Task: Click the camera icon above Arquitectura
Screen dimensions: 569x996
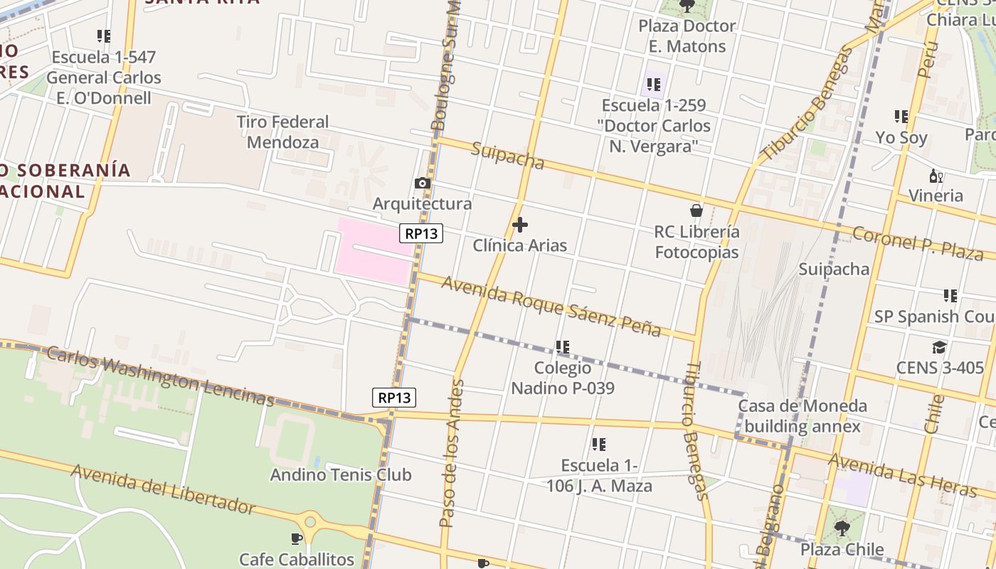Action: point(423,184)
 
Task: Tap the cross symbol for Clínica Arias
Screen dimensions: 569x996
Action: point(520,225)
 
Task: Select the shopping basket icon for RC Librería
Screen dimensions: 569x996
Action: point(696,211)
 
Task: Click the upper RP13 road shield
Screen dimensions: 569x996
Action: point(421,233)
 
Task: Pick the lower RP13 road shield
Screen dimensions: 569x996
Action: point(394,398)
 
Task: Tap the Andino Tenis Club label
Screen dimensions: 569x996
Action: point(341,474)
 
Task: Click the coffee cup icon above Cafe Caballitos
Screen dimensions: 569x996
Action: point(297,538)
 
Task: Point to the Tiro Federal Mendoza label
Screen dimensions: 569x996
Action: point(283,132)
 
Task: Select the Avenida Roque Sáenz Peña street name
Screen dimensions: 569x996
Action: point(551,306)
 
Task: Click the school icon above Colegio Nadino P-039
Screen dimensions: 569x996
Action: point(563,347)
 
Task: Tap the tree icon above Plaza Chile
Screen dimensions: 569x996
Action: point(842,528)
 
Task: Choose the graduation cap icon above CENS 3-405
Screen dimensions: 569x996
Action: point(939,347)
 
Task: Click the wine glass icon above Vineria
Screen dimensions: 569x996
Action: point(936,176)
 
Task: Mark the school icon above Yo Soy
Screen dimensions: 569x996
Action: point(901,117)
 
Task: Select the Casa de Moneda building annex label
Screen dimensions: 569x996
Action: point(802,416)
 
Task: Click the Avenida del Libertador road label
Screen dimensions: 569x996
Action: point(162,489)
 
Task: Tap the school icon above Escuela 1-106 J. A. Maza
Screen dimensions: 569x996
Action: point(599,445)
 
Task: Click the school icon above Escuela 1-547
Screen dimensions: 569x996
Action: point(104,36)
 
